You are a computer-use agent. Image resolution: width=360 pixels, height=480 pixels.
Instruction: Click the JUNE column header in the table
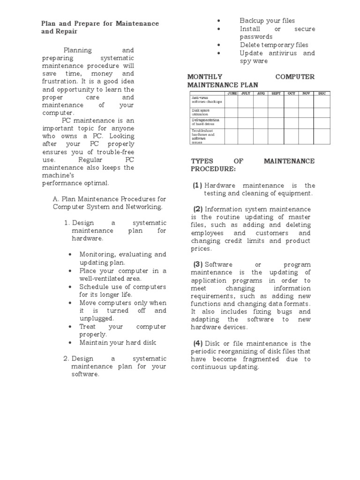[x=232, y=93]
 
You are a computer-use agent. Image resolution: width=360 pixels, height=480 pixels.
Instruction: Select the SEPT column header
[x=276, y=93]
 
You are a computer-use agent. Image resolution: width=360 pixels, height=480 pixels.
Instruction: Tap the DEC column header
[x=322, y=93]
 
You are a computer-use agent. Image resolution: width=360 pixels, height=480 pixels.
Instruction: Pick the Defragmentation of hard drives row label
[x=206, y=122]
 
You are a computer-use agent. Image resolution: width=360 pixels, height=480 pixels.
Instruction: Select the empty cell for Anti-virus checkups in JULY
[x=246, y=101]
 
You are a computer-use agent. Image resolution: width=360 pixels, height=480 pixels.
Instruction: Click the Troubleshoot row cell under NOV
[x=306, y=135]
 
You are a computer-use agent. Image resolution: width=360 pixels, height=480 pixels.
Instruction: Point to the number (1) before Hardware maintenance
[x=197, y=185]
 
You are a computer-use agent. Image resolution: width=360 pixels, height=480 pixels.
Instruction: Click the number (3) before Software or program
[x=197, y=264]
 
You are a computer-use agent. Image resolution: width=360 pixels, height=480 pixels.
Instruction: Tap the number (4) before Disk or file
[x=197, y=344]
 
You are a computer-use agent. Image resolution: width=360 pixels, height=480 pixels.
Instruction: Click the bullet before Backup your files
[x=218, y=21]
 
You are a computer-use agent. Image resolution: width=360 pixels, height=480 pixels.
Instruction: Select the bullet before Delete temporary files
[x=218, y=45]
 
